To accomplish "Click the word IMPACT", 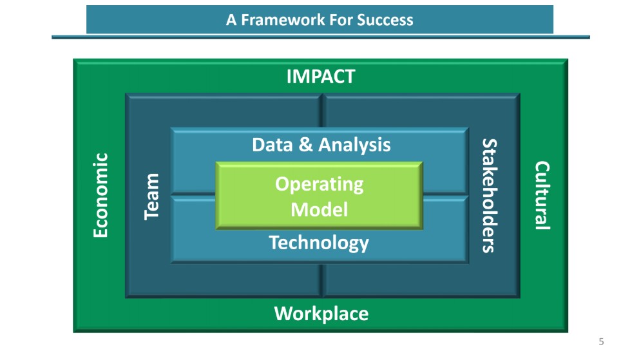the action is pos(321,77).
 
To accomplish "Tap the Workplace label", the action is pos(321,314).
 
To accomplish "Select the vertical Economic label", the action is pos(100,195).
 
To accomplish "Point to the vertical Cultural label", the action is pos(542,195).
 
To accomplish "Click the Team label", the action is pos(151,196).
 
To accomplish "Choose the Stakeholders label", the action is pos(490,196).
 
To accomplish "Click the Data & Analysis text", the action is pos(321,145).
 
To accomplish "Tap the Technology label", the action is pos(319,243).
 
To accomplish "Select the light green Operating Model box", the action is pos(320,195).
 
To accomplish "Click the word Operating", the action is pos(320,185).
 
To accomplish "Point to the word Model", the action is pos(320,210).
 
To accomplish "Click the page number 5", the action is pos(601,341).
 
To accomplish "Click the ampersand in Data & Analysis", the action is pos(305,144).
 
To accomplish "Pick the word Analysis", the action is pos(354,146).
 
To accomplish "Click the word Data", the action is pos(273,145).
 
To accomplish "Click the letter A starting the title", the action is pos(231,19).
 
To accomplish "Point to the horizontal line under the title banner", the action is pos(321,37).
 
